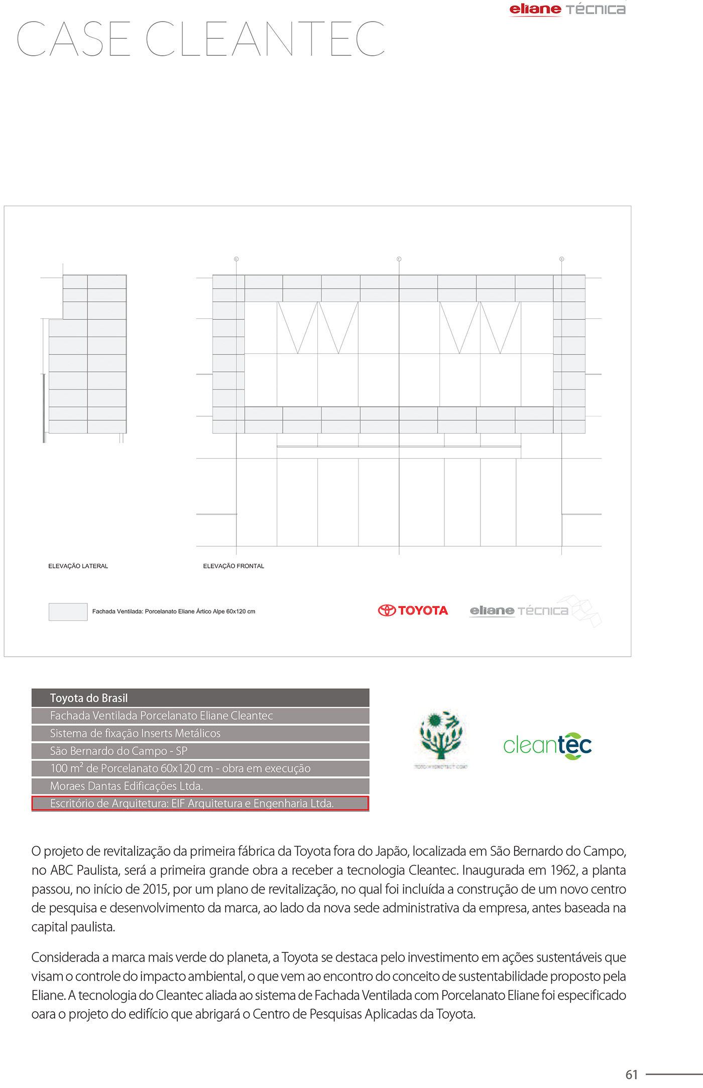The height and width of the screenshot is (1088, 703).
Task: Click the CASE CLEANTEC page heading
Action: (x=201, y=39)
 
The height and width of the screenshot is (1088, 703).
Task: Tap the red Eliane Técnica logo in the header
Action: (x=567, y=10)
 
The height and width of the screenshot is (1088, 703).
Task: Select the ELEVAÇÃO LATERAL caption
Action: (x=78, y=566)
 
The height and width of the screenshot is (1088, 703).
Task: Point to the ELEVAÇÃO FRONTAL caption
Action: (x=233, y=566)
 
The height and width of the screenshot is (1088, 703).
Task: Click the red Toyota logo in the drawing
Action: (x=413, y=611)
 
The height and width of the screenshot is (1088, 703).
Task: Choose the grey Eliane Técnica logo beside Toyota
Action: (x=519, y=611)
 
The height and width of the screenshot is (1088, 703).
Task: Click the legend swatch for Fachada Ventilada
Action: (x=68, y=612)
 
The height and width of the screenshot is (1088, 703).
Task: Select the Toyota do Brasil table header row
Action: (x=200, y=698)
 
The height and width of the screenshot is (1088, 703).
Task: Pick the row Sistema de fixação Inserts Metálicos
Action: (x=200, y=733)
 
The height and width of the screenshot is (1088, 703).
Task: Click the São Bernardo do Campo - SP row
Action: (x=200, y=751)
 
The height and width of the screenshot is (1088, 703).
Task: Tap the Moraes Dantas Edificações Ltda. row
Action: (x=200, y=786)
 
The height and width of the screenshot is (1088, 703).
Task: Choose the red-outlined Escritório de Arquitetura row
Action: (x=200, y=803)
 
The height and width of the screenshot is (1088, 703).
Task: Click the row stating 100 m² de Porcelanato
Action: (x=200, y=768)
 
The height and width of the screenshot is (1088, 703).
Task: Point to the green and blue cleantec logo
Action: (x=547, y=746)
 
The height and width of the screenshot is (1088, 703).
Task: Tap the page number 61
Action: (x=632, y=1074)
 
